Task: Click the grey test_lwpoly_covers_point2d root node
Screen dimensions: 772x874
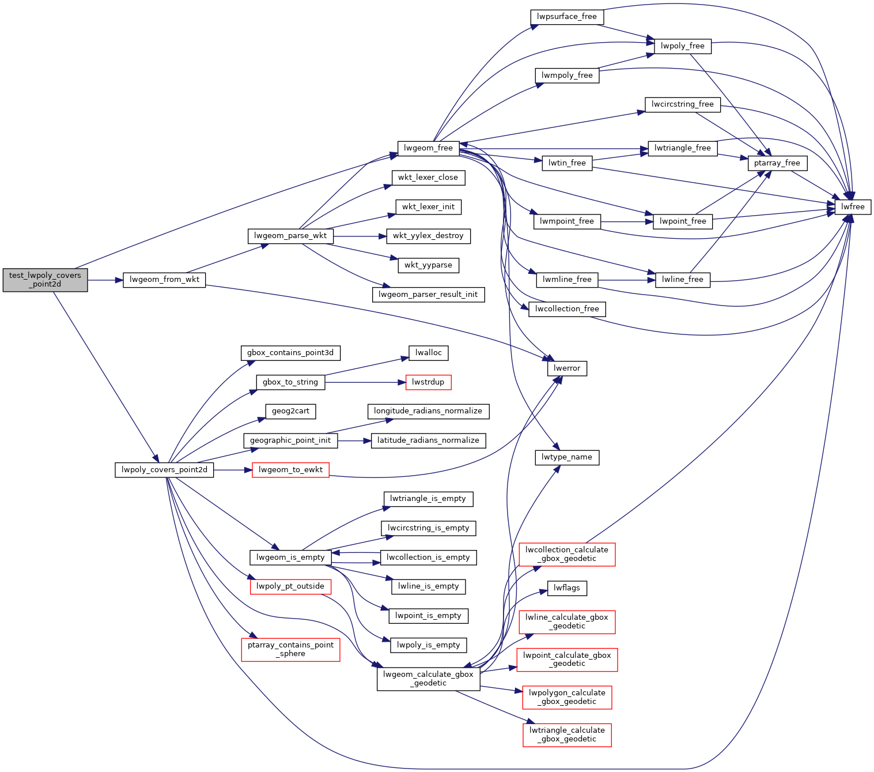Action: (45, 280)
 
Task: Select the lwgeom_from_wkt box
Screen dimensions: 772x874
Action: (164, 280)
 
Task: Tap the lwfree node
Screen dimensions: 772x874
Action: (853, 207)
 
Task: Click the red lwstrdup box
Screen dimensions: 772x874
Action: (428, 382)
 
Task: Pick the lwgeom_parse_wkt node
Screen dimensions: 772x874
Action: (290, 236)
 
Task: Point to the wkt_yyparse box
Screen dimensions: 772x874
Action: (428, 265)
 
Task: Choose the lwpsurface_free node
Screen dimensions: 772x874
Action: (566, 17)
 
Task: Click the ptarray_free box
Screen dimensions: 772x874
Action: (777, 163)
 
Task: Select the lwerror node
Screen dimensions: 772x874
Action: (567, 368)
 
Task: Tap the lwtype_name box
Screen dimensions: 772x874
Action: (567, 457)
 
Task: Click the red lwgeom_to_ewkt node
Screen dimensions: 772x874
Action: (290, 470)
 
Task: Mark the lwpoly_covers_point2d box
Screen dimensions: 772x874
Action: (164, 470)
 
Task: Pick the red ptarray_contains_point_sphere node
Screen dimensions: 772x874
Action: (290, 649)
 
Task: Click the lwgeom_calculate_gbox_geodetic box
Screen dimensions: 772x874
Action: (428, 679)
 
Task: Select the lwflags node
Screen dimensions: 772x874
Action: (567, 588)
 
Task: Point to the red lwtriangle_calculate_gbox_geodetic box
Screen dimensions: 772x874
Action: (567, 735)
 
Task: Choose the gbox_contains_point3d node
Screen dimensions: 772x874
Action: (290, 353)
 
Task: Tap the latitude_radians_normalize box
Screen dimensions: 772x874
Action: (428, 440)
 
